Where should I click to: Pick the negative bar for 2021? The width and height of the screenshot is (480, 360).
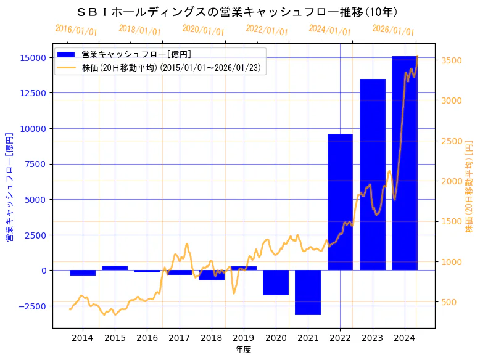click(x=308, y=292)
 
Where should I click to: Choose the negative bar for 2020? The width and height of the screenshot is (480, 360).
click(x=276, y=282)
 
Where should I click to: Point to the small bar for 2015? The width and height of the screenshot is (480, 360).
click(x=115, y=268)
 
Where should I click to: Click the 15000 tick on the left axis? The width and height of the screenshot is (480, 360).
click(x=33, y=57)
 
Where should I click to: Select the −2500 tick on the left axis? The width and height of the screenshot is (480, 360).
click(x=32, y=306)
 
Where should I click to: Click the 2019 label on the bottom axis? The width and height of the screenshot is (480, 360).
click(x=244, y=338)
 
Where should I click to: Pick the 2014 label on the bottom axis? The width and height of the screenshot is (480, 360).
click(x=83, y=338)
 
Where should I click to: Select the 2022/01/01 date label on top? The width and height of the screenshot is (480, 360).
click(x=267, y=30)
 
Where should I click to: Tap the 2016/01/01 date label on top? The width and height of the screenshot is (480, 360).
click(x=76, y=30)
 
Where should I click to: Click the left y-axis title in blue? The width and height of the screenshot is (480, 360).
click(x=10, y=186)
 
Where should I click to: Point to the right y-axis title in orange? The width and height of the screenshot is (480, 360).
click(x=470, y=186)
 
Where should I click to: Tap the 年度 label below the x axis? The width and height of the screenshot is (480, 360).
click(x=244, y=350)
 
